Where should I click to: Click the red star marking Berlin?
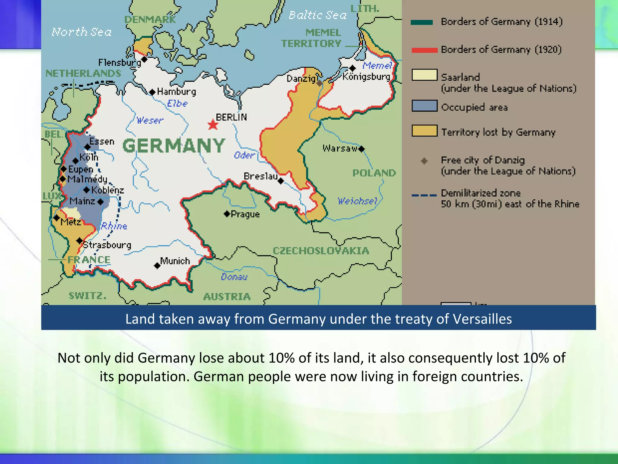click(213, 124)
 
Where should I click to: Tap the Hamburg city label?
click(176, 92)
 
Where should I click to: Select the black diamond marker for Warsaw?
click(362, 149)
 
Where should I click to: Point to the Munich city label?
click(175, 261)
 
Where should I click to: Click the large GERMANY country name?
click(174, 146)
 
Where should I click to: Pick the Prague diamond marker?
click(227, 214)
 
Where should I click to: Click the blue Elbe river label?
click(177, 103)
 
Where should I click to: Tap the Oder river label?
click(244, 155)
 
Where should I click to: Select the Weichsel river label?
click(357, 201)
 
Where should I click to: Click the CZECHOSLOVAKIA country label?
click(321, 251)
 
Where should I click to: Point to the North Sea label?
click(81, 32)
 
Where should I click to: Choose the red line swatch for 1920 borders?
click(424, 50)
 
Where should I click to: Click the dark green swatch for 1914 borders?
click(422, 22)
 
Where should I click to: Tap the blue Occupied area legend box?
click(424, 106)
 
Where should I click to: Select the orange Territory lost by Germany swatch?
click(424, 131)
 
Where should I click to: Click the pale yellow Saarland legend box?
click(424, 75)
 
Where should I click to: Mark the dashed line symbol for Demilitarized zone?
click(424, 195)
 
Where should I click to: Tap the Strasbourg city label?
click(107, 245)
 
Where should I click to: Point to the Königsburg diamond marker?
click(352, 68)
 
